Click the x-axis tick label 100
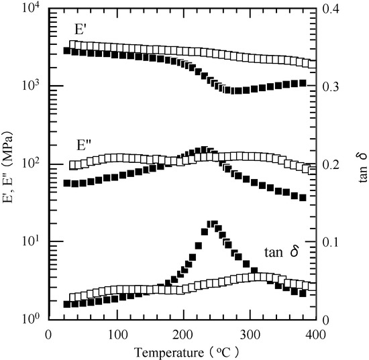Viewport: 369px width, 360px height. tap(115, 333)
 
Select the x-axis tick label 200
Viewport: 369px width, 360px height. tap(182, 333)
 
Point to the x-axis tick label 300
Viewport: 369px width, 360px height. tap(250, 333)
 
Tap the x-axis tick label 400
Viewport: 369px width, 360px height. tap(317, 333)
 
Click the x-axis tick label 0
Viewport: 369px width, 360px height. tap(48, 333)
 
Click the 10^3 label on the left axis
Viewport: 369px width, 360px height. tap(31, 86)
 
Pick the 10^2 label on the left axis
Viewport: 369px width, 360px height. tap(31, 164)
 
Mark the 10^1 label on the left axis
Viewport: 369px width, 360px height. tap(31, 241)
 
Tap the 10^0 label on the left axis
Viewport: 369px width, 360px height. tap(31, 319)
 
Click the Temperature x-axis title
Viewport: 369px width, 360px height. tap(182, 350)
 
